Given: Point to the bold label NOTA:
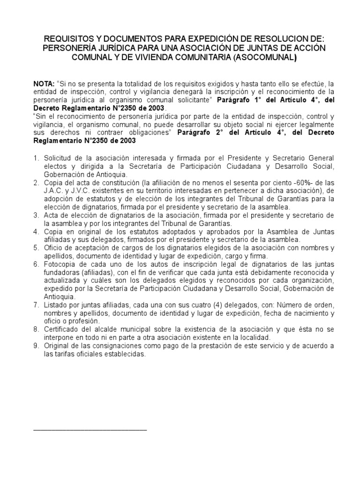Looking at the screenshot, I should (x=44, y=83).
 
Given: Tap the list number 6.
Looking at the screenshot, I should (x=36, y=264).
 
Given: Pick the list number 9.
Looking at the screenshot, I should (x=36, y=346).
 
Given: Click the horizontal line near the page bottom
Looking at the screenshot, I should (x=90, y=429).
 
